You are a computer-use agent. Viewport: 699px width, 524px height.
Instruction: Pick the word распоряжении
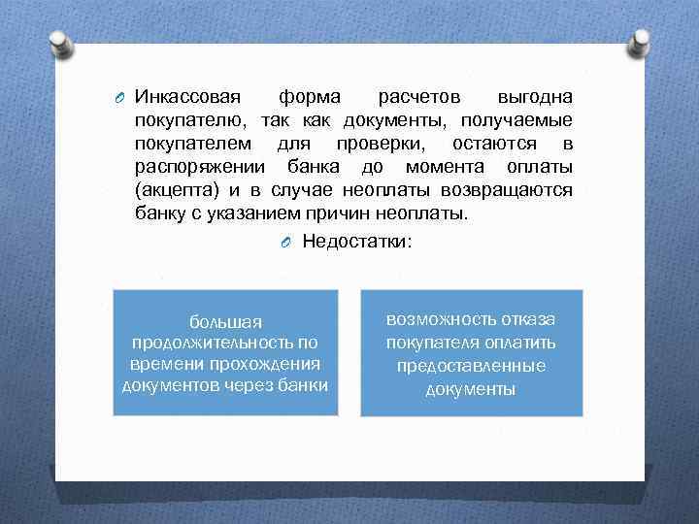(189, 167)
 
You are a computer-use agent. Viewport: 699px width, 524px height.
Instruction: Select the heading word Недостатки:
(357, 241)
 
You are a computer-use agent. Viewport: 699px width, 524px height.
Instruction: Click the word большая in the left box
(224, 321)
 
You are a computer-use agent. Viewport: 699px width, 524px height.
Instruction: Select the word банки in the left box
(304, 385)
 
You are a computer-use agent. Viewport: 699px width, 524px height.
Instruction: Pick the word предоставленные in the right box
(471, 366)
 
